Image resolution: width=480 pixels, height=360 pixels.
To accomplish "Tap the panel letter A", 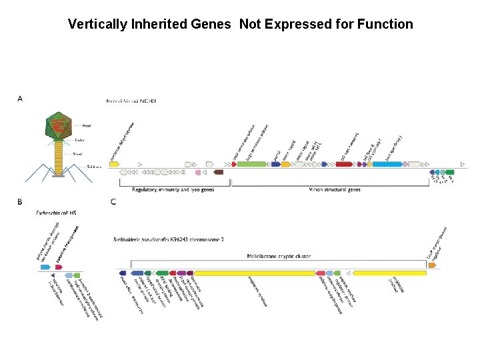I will coord(20,99).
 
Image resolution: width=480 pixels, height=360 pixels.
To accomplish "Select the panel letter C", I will coord(114,201).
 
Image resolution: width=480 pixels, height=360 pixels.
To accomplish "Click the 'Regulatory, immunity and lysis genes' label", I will coord(173,190).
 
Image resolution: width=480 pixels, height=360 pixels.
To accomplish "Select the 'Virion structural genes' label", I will coord(335,190).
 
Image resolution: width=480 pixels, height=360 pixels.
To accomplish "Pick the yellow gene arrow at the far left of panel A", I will coord(114,163).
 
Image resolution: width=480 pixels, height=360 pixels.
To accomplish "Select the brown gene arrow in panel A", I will coord(219,173).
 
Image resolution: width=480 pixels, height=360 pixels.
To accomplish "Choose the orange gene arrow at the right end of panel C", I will coord(433,265).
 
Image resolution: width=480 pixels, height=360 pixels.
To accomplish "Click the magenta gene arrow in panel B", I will coord(59,267).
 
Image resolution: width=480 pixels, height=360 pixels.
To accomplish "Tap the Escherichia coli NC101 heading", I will coord(131,101).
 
